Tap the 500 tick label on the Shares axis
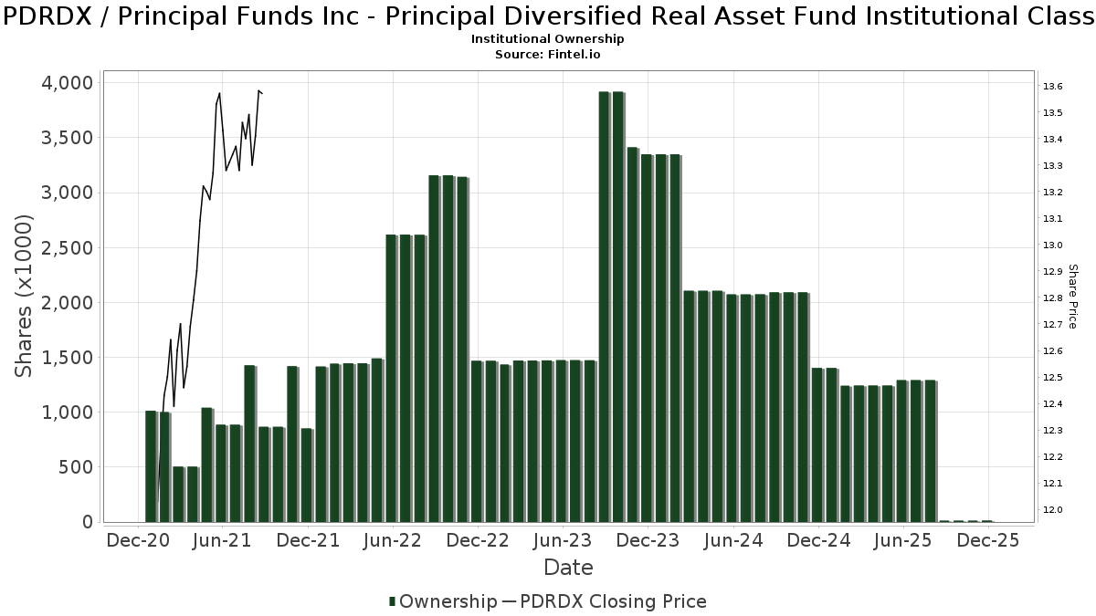(x=74, y=467)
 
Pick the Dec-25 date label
(x=988, y=540)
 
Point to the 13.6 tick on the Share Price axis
(x=1051, y=87)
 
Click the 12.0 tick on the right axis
(x=1051, y=509)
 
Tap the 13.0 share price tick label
(x=1051, y=245)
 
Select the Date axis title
(x=568, y=568)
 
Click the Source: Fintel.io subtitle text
(x=548, y=55)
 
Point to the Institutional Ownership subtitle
(x=548, y=39)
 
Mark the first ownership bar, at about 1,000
(x=151, y=466)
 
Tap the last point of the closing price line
(x=262, y=92)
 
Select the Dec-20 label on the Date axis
(x=138, y=540)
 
